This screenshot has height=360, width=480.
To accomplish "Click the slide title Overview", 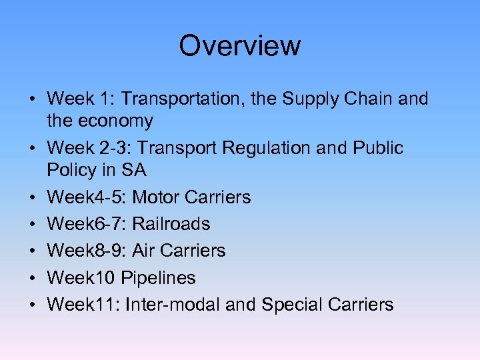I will point(240,46).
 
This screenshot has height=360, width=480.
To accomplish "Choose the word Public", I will point(378,148).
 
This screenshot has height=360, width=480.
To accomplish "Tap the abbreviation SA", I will point(134,170).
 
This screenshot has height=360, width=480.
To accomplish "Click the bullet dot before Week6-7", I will point(33,225).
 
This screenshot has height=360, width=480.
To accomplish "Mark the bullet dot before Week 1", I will point(33,100).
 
